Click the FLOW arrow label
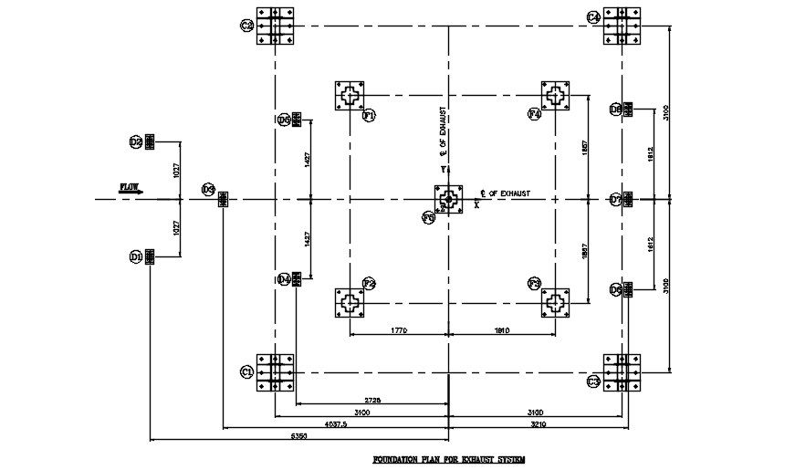pos(130,188)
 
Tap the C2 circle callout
pos(246,26)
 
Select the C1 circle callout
pos(246,371)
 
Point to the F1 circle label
pos(370,116)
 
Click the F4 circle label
pos(534,114)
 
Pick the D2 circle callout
pos(135,141)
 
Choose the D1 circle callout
pos(135,257)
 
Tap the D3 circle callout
pos(208,190)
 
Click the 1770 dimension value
pos(395,329)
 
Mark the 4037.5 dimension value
pos(336,424)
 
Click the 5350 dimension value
pos(297,436)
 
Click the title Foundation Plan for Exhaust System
pos(448,459)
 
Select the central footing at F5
pos(447,199)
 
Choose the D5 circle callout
pos(283,120)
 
